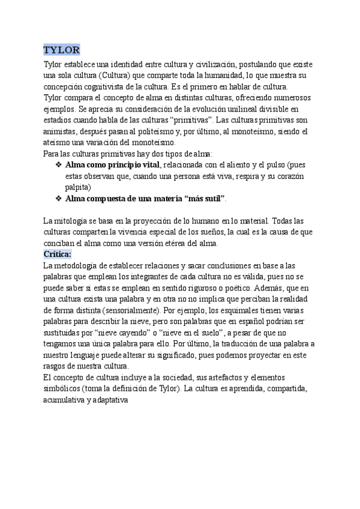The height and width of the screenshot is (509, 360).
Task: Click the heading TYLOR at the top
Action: (62, 50)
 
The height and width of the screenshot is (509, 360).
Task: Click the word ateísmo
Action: (58, 142)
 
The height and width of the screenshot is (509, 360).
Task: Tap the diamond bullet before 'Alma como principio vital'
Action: (58, 164)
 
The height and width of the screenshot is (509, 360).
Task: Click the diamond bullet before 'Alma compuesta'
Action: (58, 198)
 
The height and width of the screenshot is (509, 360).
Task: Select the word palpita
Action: (78, 187)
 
